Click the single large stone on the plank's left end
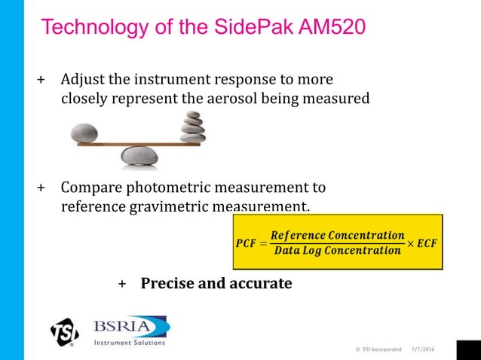[x=84, y=134]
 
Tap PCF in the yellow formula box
[x=246, y=243]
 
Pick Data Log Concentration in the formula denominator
[x=338, y=251]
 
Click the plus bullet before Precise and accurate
[x=122, y=285]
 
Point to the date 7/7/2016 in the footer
[x=423, y=349]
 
